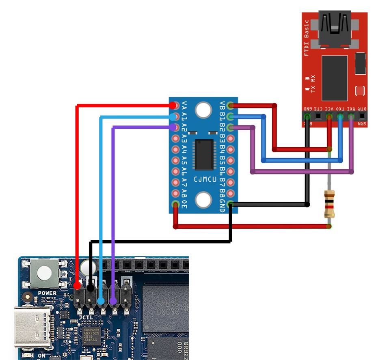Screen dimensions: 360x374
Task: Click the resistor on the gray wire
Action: (329, 204)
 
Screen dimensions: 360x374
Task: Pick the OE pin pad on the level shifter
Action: (175, 204)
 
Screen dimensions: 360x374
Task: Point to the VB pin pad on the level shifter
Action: (231, 106)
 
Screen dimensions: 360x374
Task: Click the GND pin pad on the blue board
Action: (231, 204)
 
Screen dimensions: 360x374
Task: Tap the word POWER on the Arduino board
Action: (47, 293)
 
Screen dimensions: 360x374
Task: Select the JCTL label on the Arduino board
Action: (86, 317)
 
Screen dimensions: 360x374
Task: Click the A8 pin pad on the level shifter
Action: (175, 193)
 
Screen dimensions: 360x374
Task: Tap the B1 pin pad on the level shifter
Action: (231, 116)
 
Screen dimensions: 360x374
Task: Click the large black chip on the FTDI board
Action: (334, 78)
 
